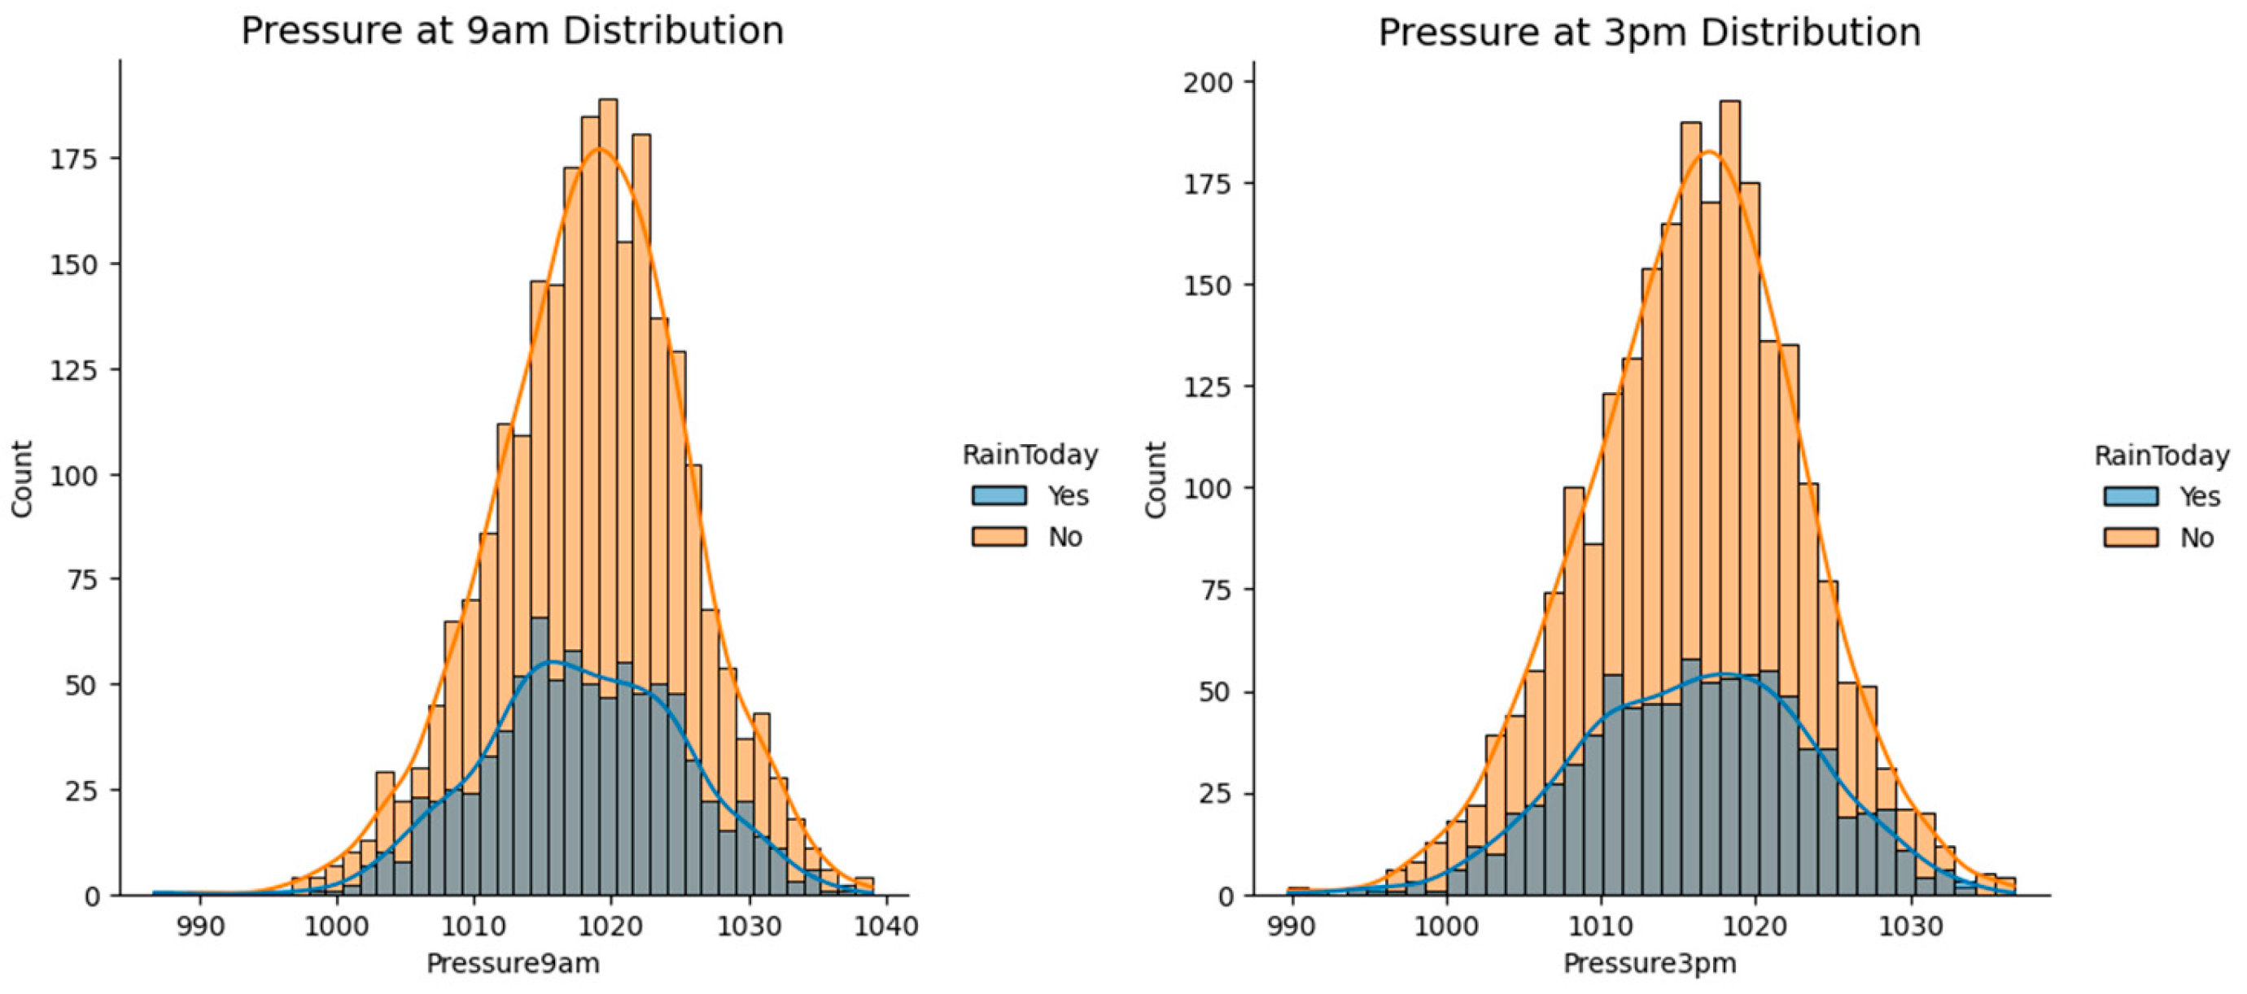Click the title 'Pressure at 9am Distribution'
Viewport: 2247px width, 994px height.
pyautogui.click(x=512, y=31)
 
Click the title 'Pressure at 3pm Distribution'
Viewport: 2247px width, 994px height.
pyautogui.click(x=1649, y=33)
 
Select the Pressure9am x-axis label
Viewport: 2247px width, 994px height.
pyautogui.click(x=513, y=962)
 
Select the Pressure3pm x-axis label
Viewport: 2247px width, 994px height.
pyautogui.click(x=1650, y=962)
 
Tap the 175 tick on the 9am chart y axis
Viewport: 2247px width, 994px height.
pyautogui.click(x=73, y=159)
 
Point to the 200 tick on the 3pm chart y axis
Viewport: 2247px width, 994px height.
pyautogui.click(x=1207, y=83)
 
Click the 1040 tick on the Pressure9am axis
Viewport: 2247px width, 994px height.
pyautogui.click(x=886, y=925)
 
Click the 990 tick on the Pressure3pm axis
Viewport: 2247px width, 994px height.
pyautogui.click(x=1290, y=925)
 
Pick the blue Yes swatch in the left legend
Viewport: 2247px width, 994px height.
pyautogui.click(x=999, y=495)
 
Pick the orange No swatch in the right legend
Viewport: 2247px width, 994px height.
pyautogui.click(x=2131, y=537)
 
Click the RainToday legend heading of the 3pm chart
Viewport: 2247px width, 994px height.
pyautogui.click(x=2161, y=456)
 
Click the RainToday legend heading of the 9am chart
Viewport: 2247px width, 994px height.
pyautogui.click(x=1030, y=454)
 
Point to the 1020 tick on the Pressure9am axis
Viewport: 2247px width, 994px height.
pyautogui.click(x=611, y=925)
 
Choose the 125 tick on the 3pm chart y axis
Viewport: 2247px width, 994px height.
pyautogui.click(x=1207, y=387)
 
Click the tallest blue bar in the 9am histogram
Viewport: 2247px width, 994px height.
pyautogui.click(x=539, y=741)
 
